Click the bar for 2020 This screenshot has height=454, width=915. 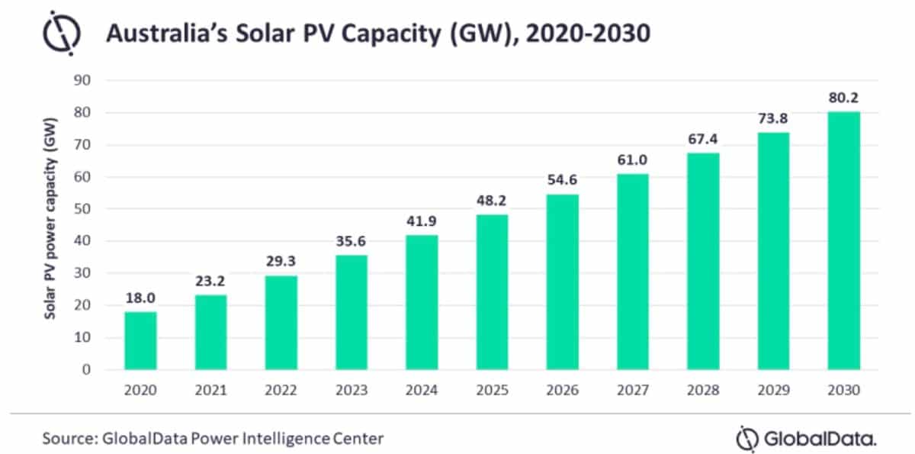click(140, 340)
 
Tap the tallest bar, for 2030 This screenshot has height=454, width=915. click(844, 240)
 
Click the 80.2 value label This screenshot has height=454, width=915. click(844, 98)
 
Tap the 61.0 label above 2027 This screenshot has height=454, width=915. click(633, 160)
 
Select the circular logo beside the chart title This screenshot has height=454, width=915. click(56, 34)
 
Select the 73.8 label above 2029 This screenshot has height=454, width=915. click(773, 119)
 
